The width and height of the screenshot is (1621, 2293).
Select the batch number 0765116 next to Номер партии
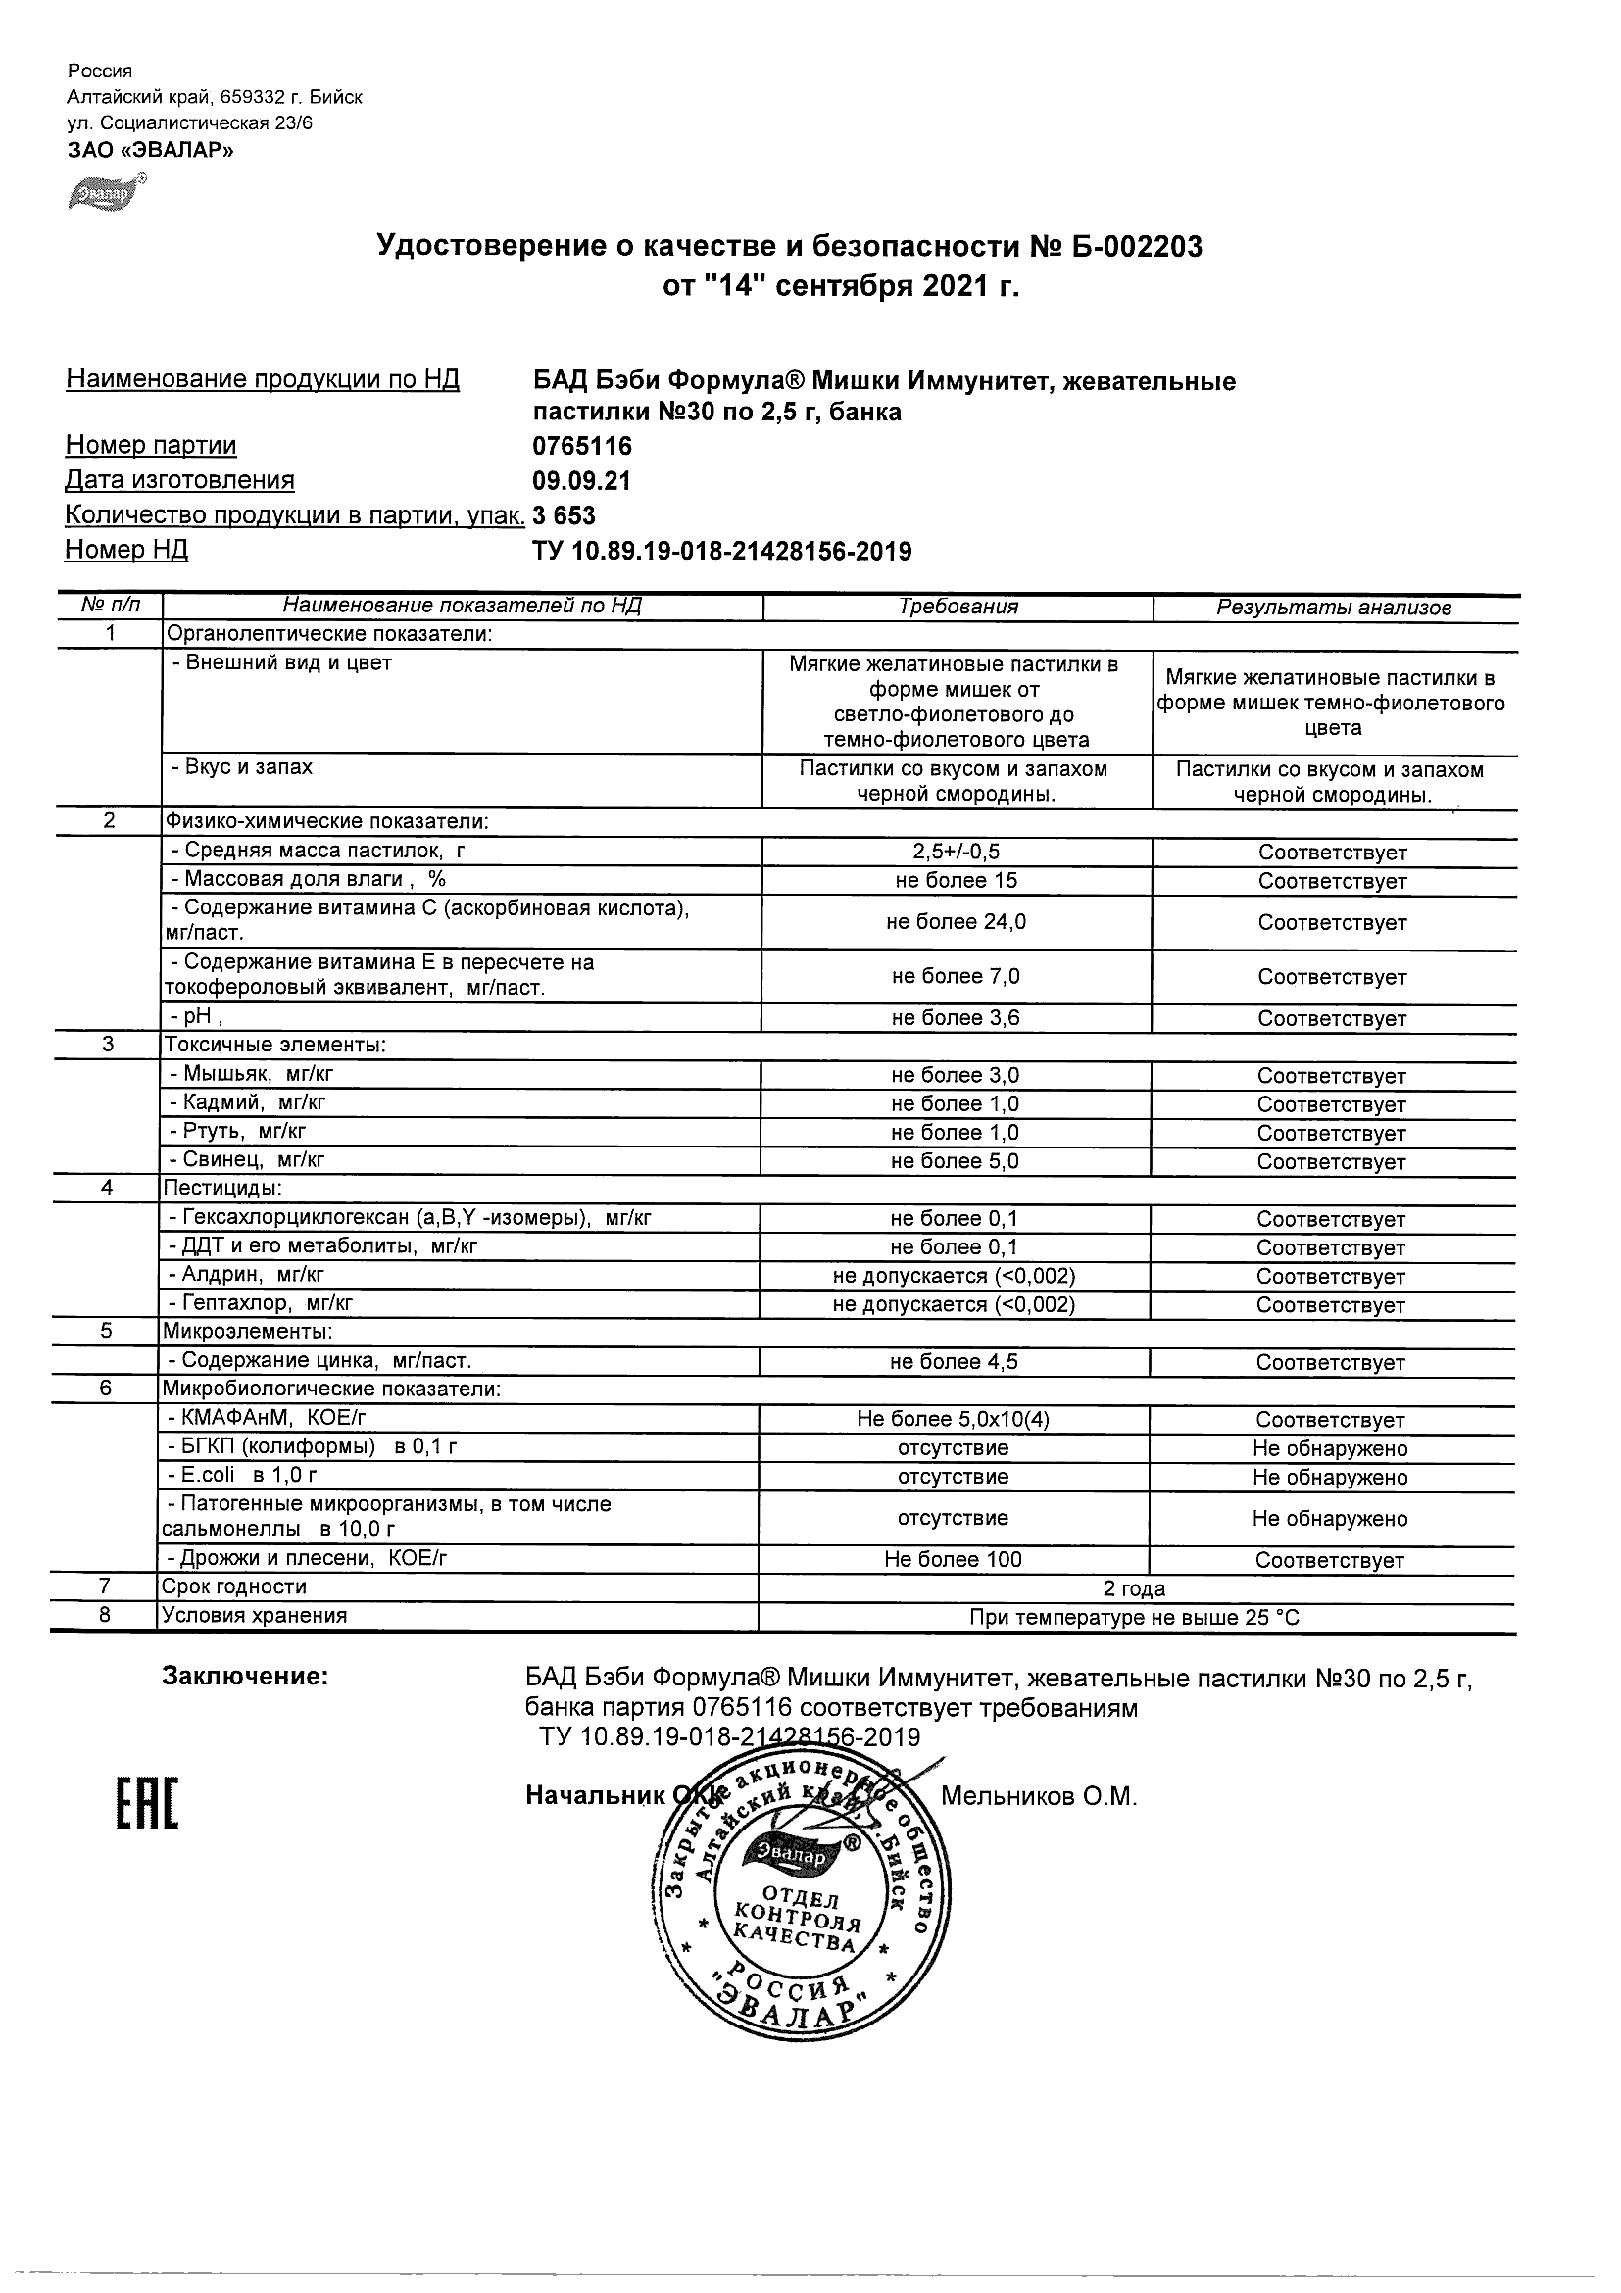point(582,446)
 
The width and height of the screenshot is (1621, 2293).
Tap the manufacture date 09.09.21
point(581,481)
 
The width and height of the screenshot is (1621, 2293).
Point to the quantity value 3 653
point(565,515)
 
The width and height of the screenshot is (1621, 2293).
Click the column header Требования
point(958,607)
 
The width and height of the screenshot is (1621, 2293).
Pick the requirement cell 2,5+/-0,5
point(956,852)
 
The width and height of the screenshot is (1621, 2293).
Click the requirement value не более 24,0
point(956,922)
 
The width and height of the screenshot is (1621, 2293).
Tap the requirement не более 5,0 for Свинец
point(956,1161)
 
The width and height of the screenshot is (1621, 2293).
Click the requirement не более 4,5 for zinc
point(956,1362)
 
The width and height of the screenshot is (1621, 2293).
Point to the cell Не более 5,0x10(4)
point(953,1419)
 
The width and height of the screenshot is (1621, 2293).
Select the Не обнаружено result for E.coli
point(1330,1477)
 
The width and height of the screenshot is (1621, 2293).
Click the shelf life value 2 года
point(1135,1588)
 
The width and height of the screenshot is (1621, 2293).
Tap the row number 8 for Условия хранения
point(105,1616)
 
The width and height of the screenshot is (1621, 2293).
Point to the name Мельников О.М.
point(1039,1796)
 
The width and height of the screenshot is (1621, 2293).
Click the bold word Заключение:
point(245,1677)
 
